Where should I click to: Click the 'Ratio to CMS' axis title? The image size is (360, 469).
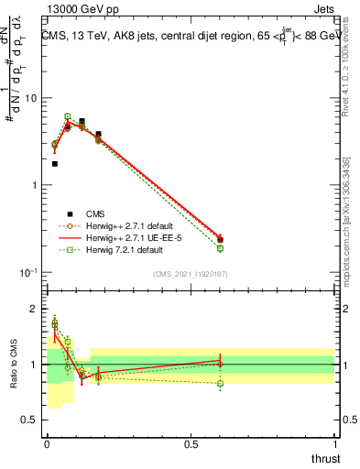[x=13, y=364]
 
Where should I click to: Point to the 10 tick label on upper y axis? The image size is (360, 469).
[x=31, y=98]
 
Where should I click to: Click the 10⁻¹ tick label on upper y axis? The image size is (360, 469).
[x=27, y=273]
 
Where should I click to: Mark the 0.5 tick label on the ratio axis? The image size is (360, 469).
[x=31, y=420]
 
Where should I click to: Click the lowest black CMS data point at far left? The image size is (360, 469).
[x=55, y=164]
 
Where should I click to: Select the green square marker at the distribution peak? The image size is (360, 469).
[x=68, y=116]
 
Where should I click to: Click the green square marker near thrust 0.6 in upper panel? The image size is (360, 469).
[x=220, y=248]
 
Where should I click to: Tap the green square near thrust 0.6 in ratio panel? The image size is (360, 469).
[x=220, y=383]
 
